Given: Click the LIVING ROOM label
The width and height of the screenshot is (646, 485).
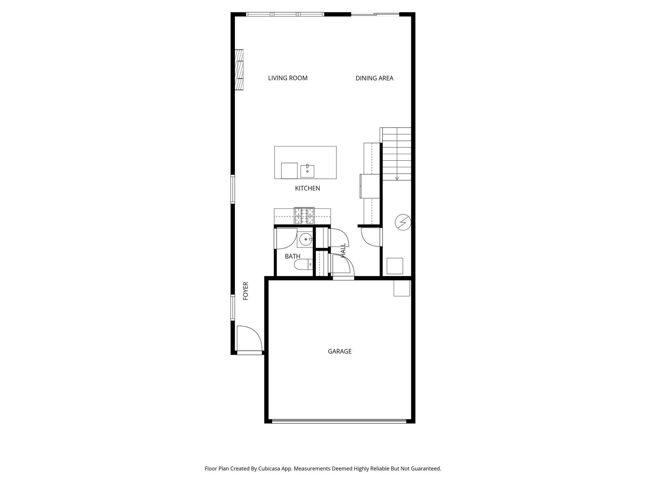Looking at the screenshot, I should (x=288, y=78).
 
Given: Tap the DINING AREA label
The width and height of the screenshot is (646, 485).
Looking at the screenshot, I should (x=374, y=78).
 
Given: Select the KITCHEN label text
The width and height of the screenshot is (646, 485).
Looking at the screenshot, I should (x=307, y=189).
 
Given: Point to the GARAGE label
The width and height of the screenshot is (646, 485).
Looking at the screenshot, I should (x=340, y=351).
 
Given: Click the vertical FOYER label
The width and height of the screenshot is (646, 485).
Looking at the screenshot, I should (x=246, y=291).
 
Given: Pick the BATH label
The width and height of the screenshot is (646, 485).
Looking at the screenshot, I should (x=292, y=256).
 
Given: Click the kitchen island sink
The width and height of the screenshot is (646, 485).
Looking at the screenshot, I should (x=307, y=171).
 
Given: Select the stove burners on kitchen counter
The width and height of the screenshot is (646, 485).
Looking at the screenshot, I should (x=304, y=216).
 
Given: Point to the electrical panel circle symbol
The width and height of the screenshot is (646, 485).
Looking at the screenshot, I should (x=403, y=223).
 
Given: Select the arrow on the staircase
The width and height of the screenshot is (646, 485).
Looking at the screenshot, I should (x=397, y=178).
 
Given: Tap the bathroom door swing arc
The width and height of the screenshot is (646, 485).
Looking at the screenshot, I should (x=286, y=239).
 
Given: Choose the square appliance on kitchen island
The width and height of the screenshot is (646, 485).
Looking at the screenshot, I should (x=289, y=171).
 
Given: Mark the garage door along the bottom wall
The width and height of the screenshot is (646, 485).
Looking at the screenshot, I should (x=339, y=421).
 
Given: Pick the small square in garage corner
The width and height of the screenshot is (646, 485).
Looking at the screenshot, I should (x=402, y=288).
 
